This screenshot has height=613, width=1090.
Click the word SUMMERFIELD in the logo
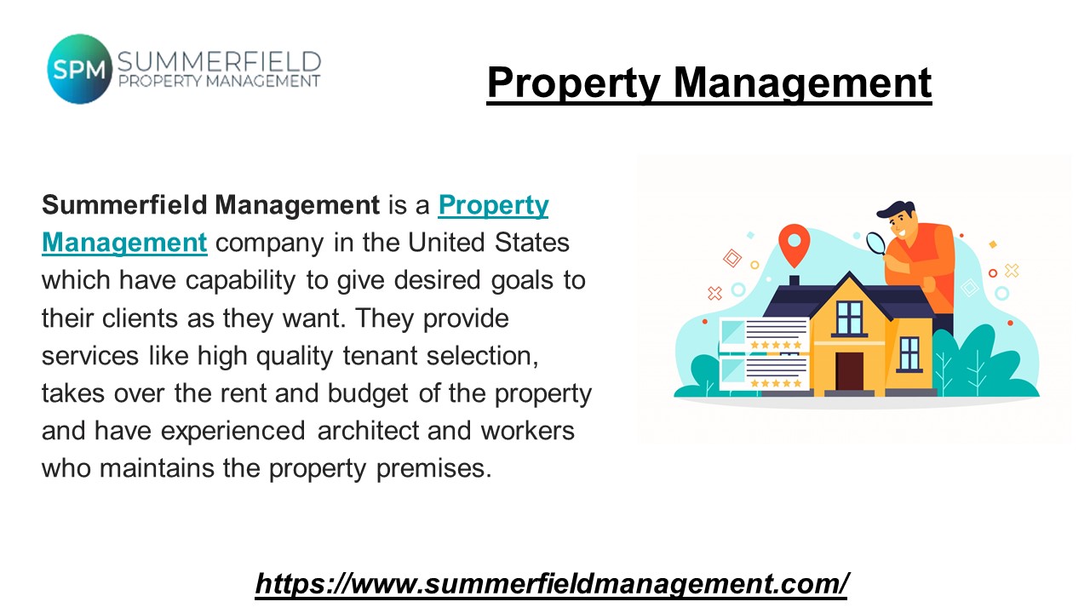[219, 62]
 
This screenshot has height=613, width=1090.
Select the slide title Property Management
[708, 83]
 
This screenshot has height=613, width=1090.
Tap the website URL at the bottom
[552, 583]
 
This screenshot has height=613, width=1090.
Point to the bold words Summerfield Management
[210, 205]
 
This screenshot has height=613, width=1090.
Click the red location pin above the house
[793, 244]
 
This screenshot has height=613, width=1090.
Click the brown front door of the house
[849, 370]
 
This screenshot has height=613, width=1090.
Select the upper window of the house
[849, 317]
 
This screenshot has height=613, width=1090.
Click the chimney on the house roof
[794, 280]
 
